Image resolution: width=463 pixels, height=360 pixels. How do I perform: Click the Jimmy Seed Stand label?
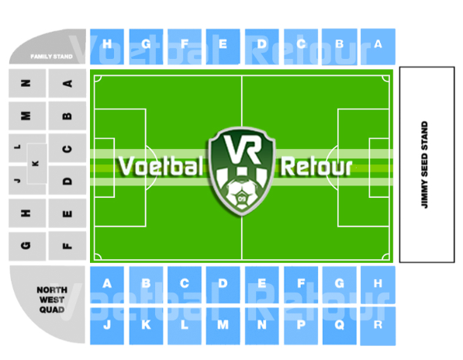pos(424,164)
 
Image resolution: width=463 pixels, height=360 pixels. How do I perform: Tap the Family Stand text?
pos(51,57)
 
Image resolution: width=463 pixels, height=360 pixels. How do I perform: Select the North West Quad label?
pos(52,299)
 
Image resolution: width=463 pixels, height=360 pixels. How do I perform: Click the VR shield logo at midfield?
pos(242,171)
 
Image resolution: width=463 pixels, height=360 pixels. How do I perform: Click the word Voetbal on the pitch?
pos(161,166)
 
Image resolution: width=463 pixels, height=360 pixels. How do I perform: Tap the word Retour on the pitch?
pos(316,167)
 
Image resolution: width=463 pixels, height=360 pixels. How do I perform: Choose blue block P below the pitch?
pos(301,326)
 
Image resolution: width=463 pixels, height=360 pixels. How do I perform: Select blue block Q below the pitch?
pos(339,326)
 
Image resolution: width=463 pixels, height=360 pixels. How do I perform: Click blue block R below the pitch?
pos(378,326)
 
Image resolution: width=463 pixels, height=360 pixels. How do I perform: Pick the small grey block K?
pos(37,164)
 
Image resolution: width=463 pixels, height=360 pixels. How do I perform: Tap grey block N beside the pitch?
pos(27,83)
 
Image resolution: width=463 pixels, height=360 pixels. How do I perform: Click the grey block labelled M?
pos(27,116)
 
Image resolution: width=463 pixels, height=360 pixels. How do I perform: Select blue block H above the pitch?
pos(107,47)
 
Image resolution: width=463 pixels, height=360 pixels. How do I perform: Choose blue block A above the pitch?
pos(378,47)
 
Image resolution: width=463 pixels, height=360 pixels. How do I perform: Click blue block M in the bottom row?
pos(223,326)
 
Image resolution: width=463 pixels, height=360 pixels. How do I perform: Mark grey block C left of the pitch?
pos(67,148)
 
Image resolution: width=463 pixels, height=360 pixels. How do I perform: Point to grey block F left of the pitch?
pos(67,246)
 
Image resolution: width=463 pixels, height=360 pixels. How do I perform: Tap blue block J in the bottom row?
pos(107,326)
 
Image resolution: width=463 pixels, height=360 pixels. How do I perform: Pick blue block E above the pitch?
pos(223,47)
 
